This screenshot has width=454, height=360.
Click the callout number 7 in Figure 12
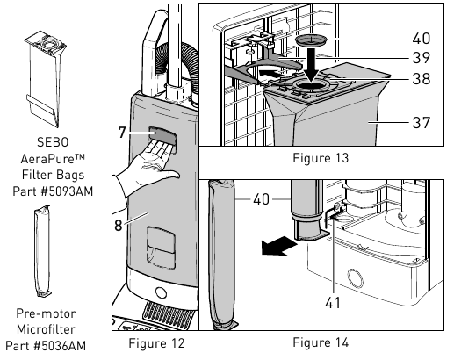[122, 133]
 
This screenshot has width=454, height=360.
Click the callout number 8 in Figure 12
[119, 225]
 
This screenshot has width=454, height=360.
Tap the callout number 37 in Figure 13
[422, 122]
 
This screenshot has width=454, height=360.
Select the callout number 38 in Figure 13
[422, 79]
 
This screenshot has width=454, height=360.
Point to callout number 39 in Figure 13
[422, 58]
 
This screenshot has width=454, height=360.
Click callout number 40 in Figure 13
[422, 39]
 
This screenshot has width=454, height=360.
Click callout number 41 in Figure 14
[333, 303]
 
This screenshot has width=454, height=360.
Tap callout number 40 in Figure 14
[261, 199]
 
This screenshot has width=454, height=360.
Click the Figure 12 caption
[156, 343]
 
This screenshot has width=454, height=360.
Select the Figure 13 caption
[321, 158]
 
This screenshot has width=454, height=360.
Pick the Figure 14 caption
[321, 342]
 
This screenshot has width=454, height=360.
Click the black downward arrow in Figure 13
[312, 65]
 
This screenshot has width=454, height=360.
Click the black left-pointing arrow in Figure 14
[278, 246]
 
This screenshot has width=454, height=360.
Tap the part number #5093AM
[66, 191]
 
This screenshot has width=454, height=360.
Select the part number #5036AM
[60, 346]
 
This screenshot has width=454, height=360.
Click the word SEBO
[53, 142]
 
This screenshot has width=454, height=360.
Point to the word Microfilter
[46, 329]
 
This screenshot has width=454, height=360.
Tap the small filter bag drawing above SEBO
[45, 79]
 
